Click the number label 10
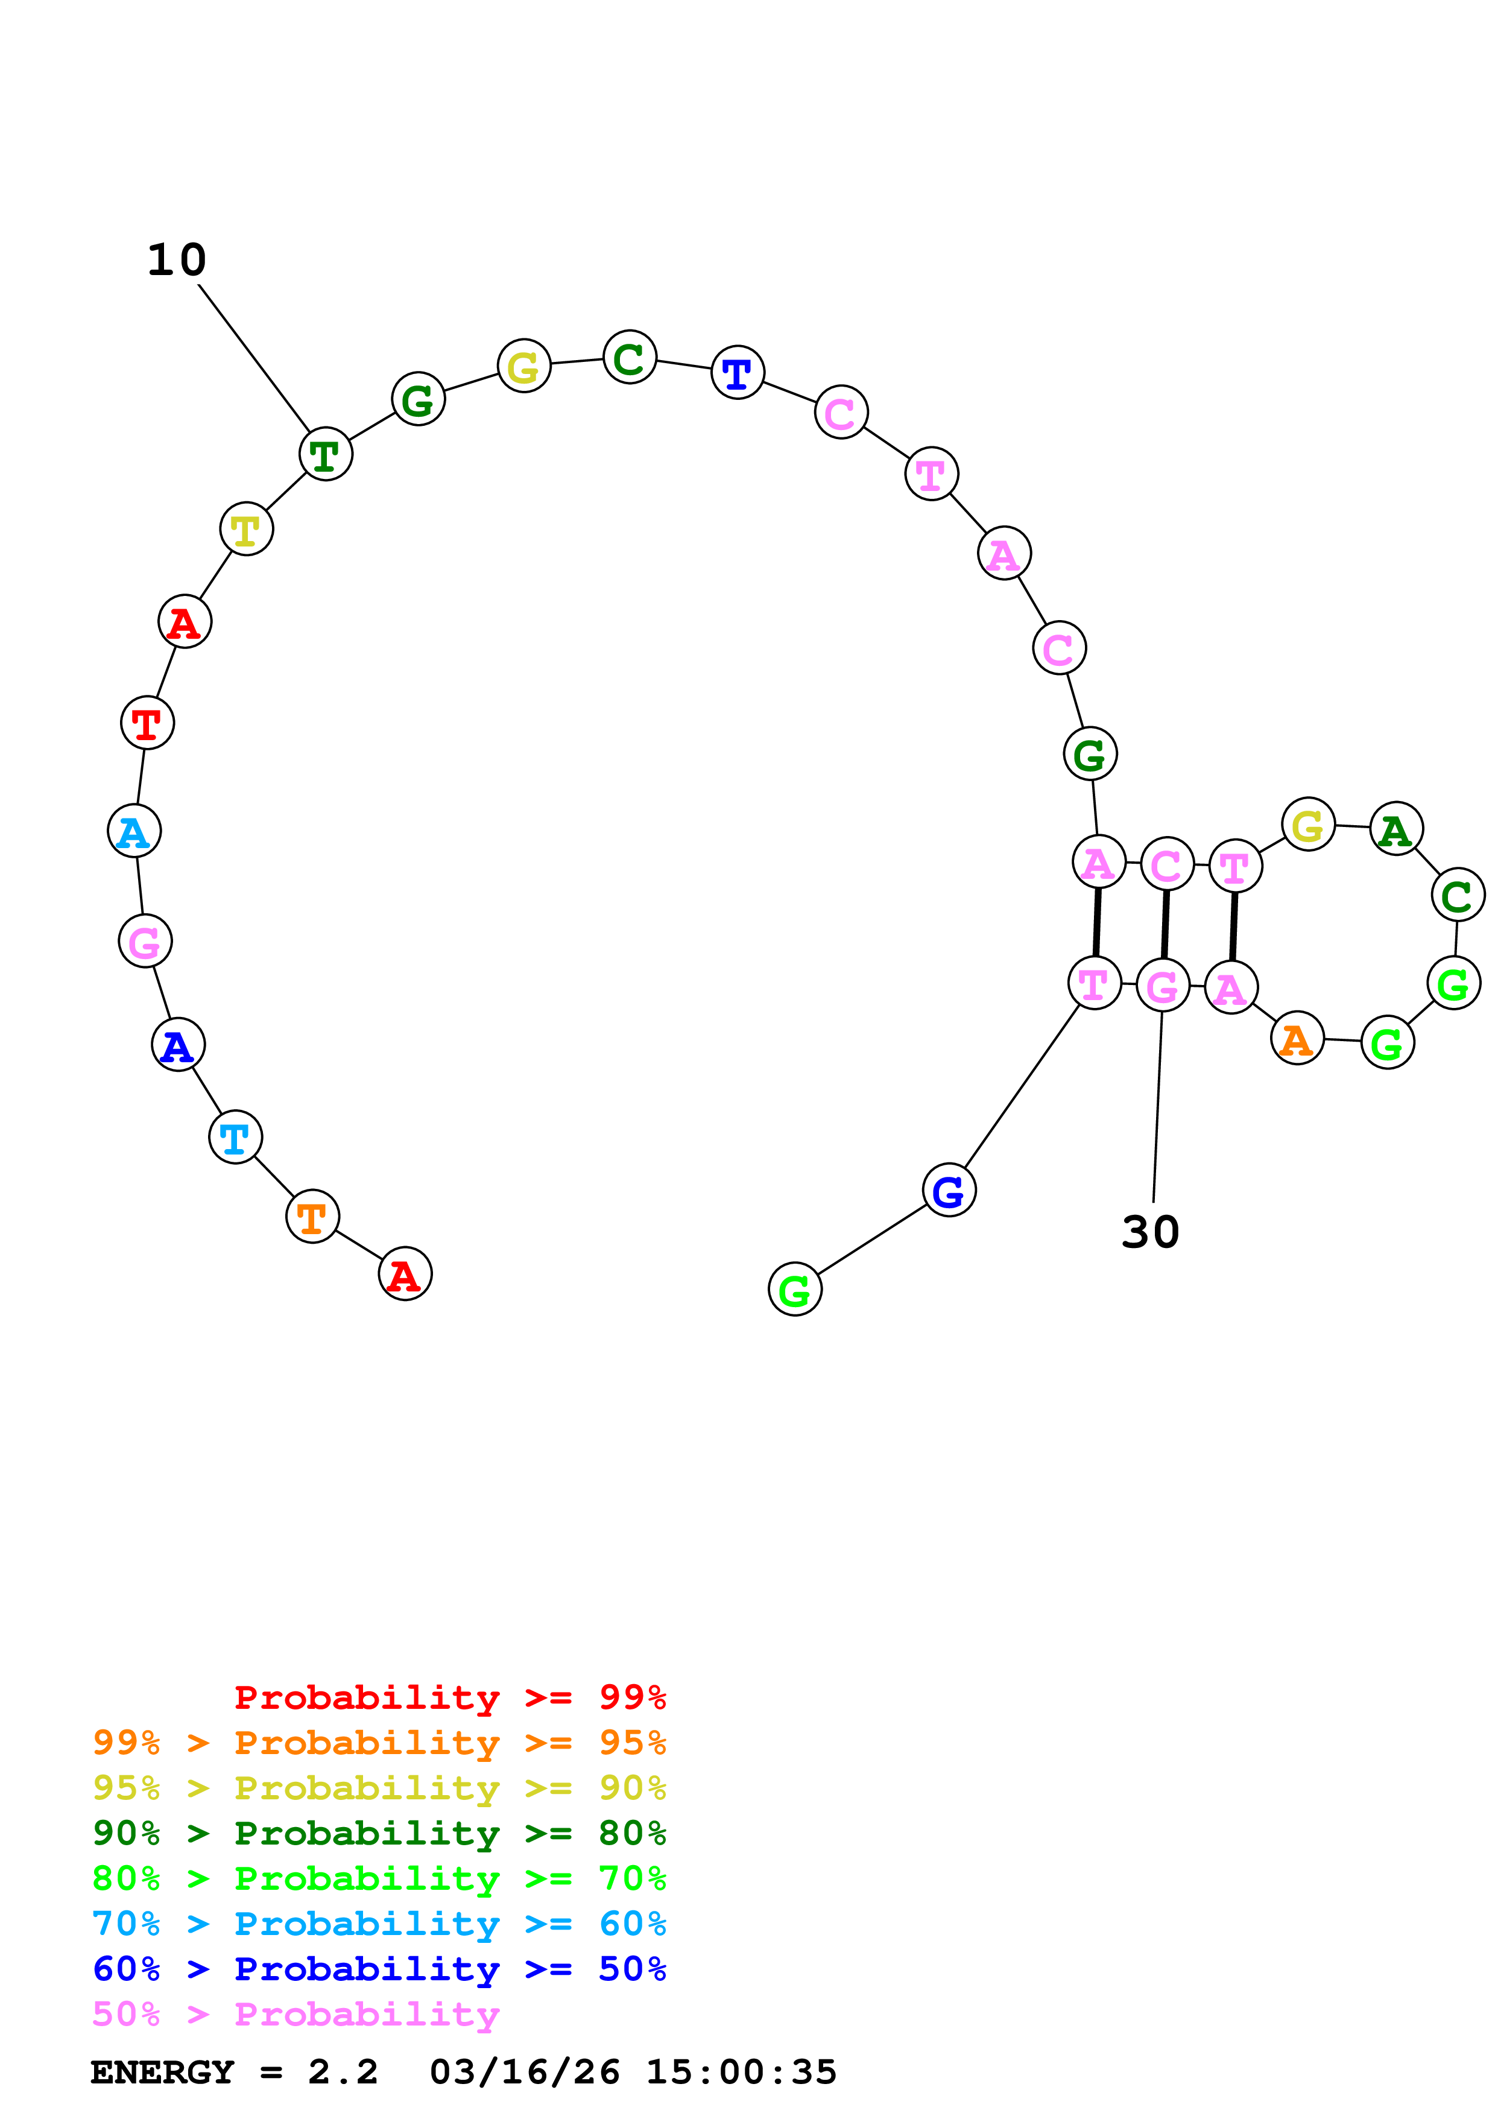(177, 260)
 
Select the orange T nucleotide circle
(312, 1217)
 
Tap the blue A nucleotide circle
(178, 1045)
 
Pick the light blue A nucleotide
(134, 831)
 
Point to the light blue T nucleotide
(236, 1137)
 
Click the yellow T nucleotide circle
(246, 529)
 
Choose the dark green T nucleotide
(325, 454)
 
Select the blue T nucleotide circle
(738, 372)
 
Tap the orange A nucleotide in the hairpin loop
(1297, 1039)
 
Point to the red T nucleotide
(147, 723)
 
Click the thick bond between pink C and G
(1165, 924)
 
